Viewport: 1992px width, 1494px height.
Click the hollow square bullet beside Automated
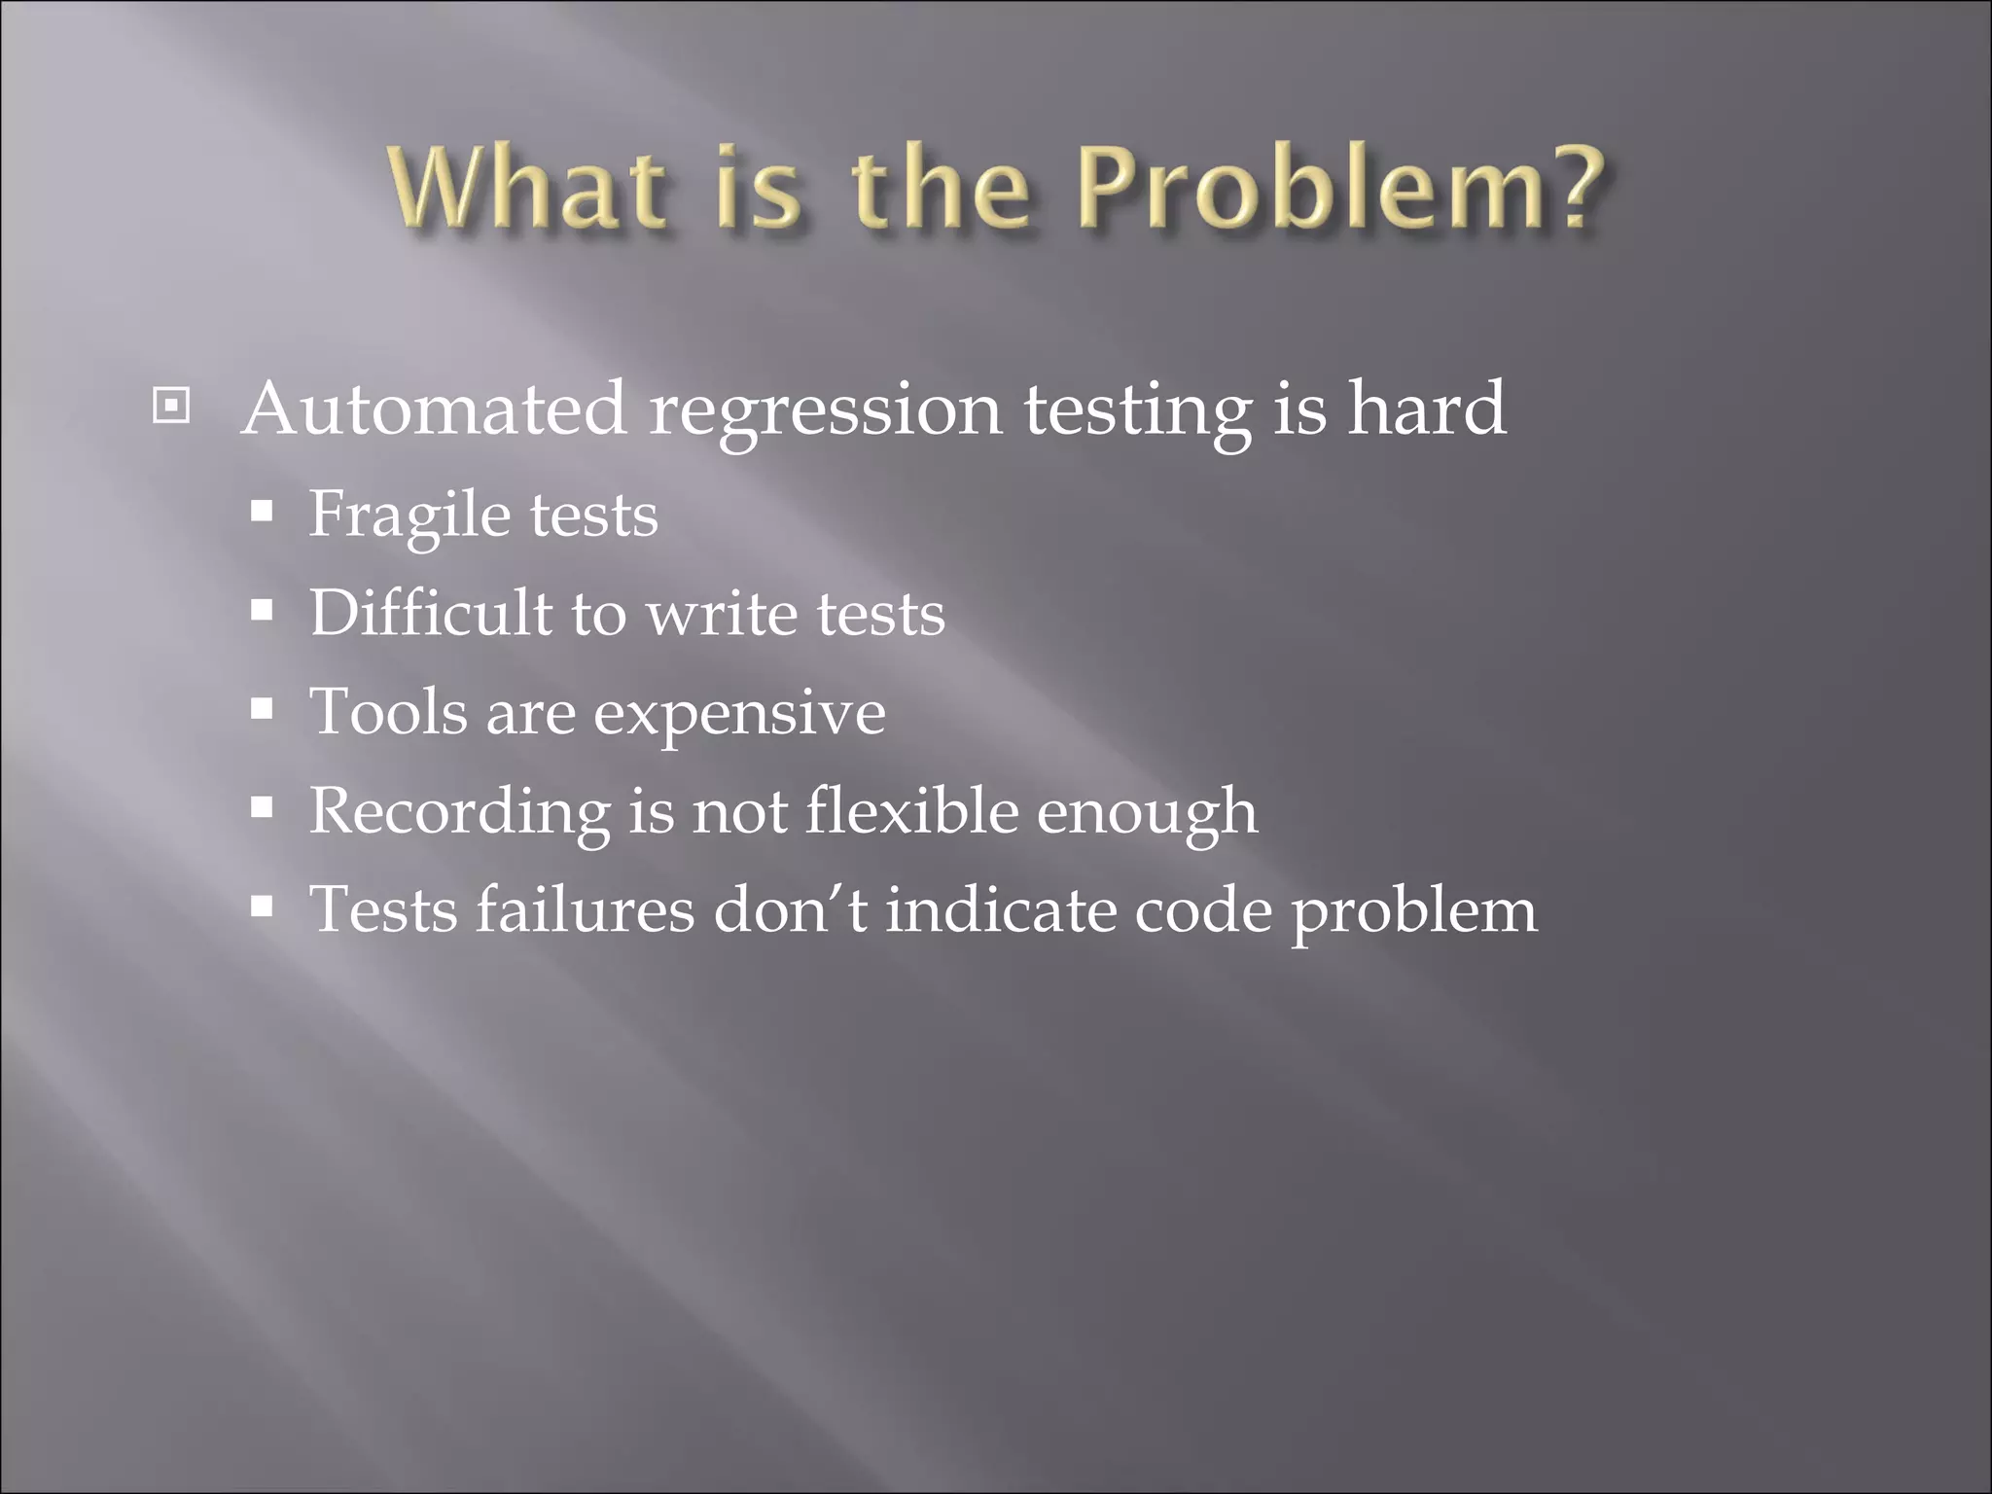pyautogui.click(x=171, y=406)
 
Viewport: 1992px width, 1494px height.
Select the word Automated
pyautogui.click(x=434, y=409)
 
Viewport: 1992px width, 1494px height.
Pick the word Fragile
pyautogui.click(x=409, y=516)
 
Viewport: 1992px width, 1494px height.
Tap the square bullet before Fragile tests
pyautogui.click(x=261, y=512)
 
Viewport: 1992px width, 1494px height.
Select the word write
pyautogui.click(x=723, y=615)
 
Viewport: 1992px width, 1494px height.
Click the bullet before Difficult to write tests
pyautogui.click(x=261, y=611)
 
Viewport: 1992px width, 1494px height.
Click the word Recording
pyautogui.click(x=460, y=812)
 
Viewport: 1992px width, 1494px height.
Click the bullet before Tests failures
pyautogui.click(x=261, y=907)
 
